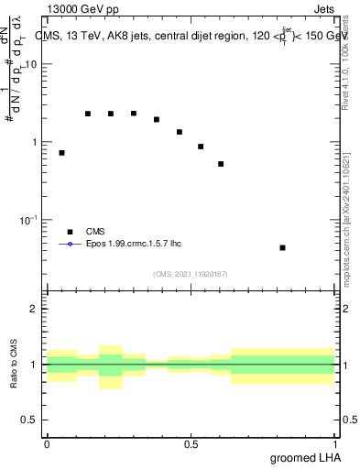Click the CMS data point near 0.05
(x=61, y=153)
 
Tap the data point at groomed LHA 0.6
(x=221, y=164)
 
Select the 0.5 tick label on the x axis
(x=191, y=444)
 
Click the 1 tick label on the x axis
(x=334, y=444)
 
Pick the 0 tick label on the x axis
(x=47, y=444)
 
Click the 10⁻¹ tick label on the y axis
(x=29, y=221)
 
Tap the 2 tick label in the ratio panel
(x=36, y=309)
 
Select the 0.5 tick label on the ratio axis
(x=31, y=420)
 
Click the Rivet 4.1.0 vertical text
(x=350, y=64)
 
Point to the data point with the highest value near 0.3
(x=134, y=114)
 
